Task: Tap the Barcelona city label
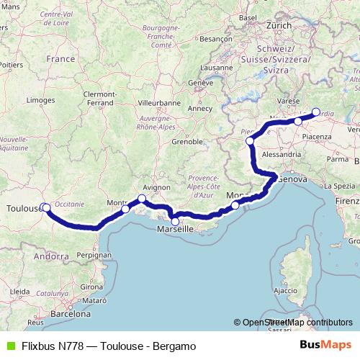70,315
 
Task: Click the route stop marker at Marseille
175,221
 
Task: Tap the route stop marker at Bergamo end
315,112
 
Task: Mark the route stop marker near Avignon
142,199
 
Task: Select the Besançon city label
215,38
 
